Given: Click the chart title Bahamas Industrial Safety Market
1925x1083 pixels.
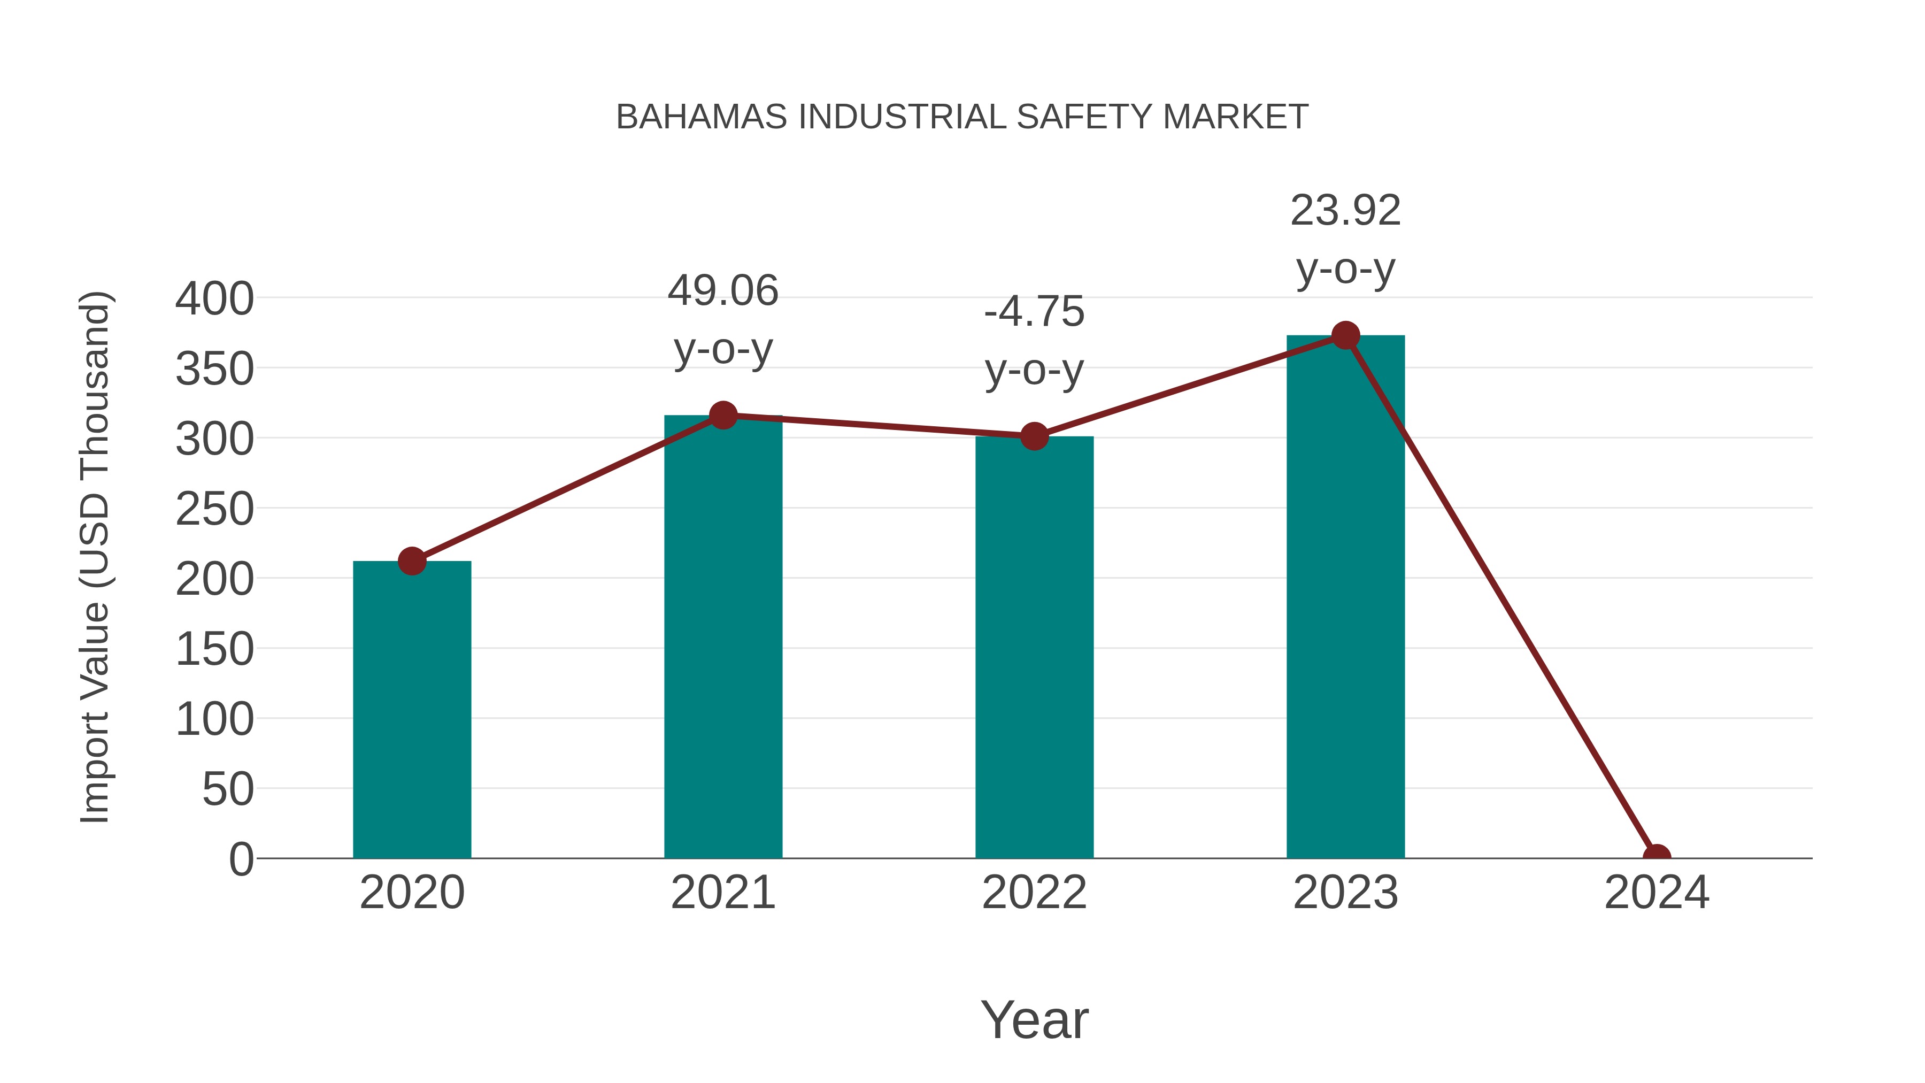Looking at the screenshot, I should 962,117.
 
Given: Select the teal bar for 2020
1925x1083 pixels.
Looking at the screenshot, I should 412,710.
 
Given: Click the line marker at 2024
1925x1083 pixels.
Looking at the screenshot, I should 1656,857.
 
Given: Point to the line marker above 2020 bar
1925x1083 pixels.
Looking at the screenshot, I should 412,560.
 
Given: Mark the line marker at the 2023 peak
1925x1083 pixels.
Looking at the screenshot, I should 1345,335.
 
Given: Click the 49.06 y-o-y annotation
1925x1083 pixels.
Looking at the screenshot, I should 722,319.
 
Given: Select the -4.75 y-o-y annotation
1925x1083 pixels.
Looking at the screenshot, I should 1034,340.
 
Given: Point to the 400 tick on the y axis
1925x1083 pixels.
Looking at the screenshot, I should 214,299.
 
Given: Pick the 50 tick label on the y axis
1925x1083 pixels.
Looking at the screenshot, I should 228,789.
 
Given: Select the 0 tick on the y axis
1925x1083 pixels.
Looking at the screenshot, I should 241,859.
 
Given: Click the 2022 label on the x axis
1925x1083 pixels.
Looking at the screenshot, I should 1034,893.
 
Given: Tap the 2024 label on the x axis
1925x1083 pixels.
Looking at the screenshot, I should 1656,893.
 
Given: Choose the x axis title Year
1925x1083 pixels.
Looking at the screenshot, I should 1034,1019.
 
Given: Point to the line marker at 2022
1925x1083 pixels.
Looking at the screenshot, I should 1034,436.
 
